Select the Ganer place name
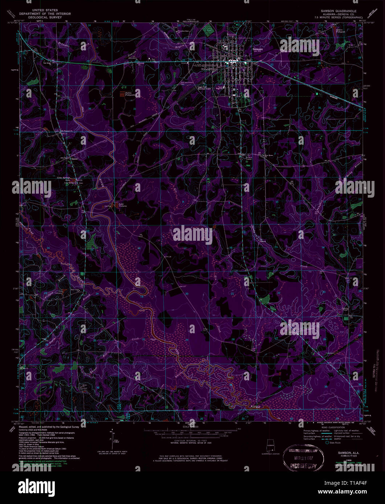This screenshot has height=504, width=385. [x=75, y=158]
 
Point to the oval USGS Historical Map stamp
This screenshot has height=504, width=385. [x=303, y=455]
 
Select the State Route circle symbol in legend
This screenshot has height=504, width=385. [x=327, y=443]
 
